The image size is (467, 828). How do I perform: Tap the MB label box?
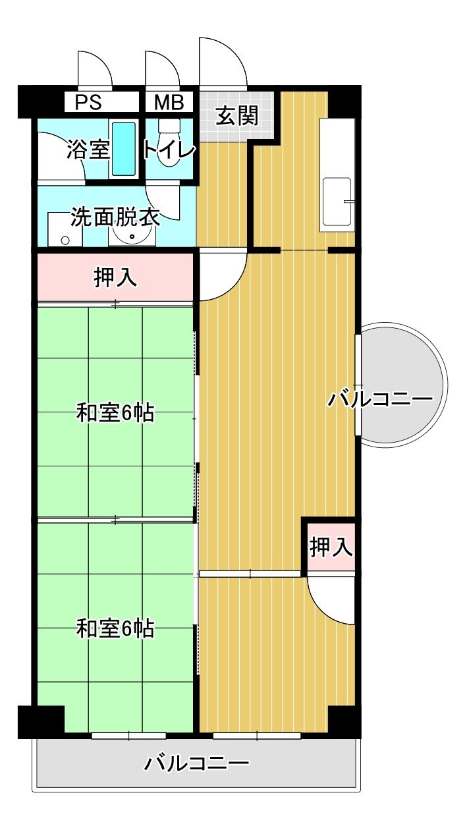click(x=170, y=103)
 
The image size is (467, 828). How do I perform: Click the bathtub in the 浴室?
click(x=123, y=148)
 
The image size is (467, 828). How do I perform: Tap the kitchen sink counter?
click(x=337, y=175)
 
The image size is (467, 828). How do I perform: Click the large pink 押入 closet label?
click(x=115, y=277)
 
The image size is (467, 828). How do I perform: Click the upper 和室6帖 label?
click(x=115, y=413)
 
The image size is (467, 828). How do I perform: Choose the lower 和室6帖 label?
click(x=115, y=628)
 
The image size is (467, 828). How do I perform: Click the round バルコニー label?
click(x=380, y=399)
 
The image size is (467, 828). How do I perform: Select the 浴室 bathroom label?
click(x=87, y=149)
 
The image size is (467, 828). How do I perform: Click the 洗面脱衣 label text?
click(x=115, y=216)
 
